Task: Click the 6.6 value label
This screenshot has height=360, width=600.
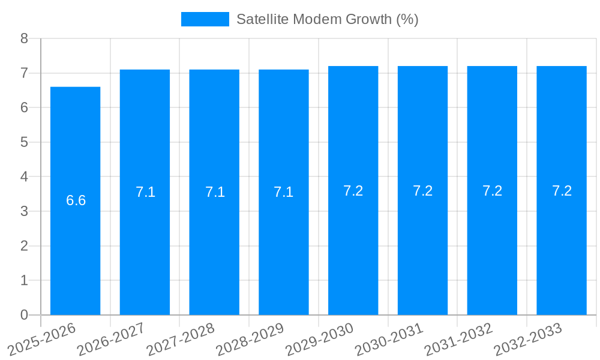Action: (76, 200)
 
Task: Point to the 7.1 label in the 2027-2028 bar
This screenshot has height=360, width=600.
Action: (215, 192)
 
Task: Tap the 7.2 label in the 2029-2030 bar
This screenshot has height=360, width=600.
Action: (353, 191)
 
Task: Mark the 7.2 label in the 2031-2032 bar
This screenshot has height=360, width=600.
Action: (492, 191)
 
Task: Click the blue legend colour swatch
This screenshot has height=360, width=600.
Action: (205, 19)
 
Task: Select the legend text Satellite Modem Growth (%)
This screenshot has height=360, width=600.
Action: (327, 19)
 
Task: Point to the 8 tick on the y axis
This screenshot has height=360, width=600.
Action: (24, 38)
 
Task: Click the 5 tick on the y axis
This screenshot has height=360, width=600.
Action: (24, 142)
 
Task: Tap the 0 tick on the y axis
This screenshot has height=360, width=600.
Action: (24, 315)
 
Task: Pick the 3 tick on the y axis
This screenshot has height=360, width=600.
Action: (24, 211)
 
